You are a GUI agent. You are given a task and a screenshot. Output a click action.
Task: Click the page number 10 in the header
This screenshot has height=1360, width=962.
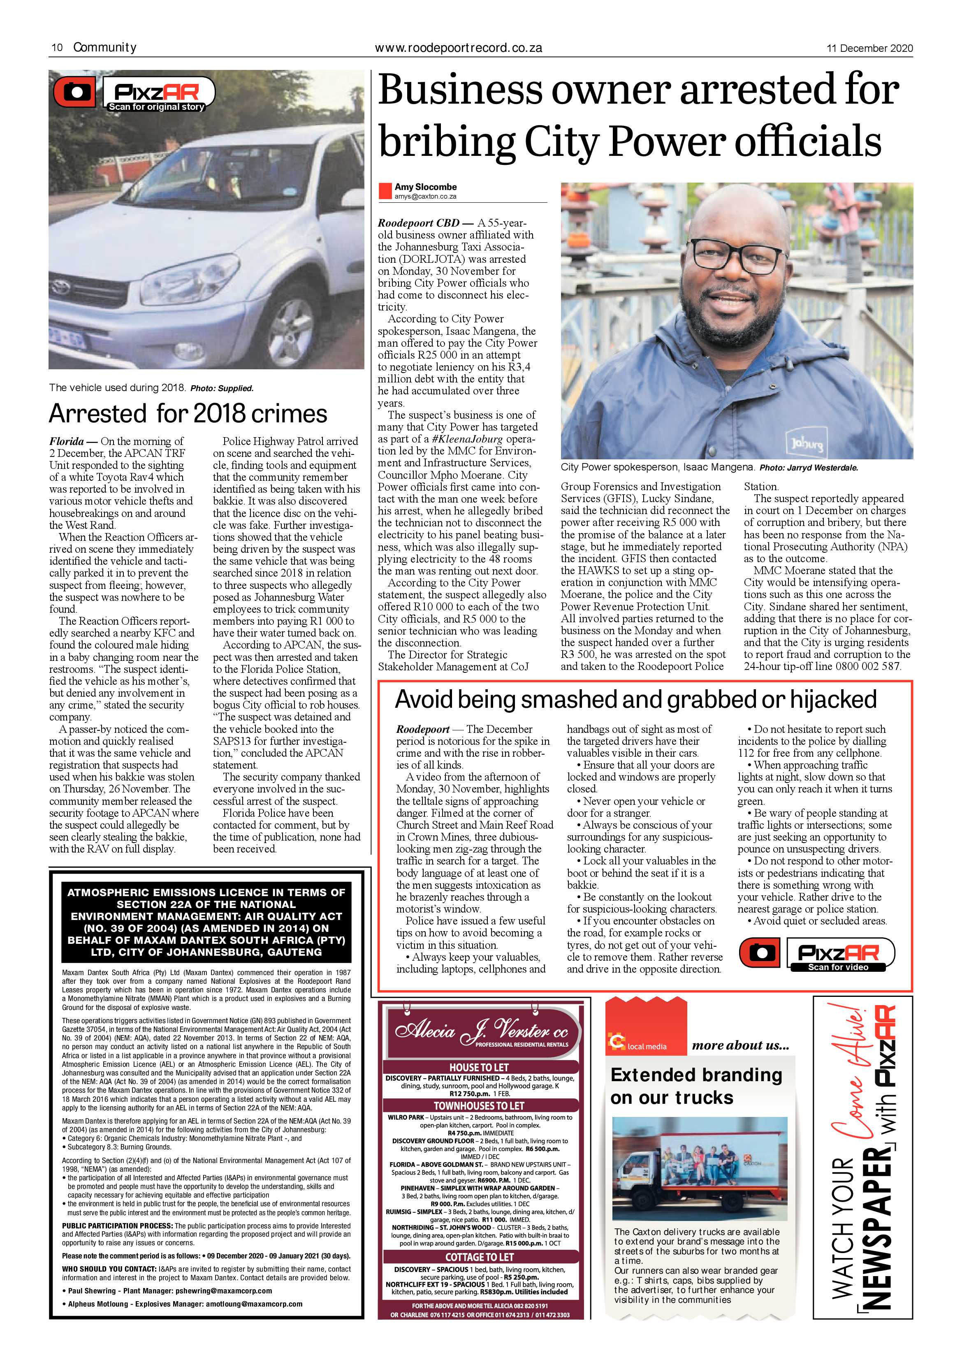[x=57, y=47]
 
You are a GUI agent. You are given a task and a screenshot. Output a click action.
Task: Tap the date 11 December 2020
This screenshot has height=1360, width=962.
[x=869, y=48]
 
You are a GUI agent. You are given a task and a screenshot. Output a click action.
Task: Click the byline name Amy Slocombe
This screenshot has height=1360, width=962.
[x=425, y=187]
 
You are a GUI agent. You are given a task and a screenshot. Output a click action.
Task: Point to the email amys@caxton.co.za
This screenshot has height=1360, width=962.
[x=425, y=196]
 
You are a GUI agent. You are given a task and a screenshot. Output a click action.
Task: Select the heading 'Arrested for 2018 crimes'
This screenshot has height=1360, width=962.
[x=188, y=413]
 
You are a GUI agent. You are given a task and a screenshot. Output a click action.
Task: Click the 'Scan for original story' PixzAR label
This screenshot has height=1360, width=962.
[x=156, y=107]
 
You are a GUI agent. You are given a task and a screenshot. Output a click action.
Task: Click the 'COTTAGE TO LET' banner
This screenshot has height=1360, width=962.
[x=479, y=1257]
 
